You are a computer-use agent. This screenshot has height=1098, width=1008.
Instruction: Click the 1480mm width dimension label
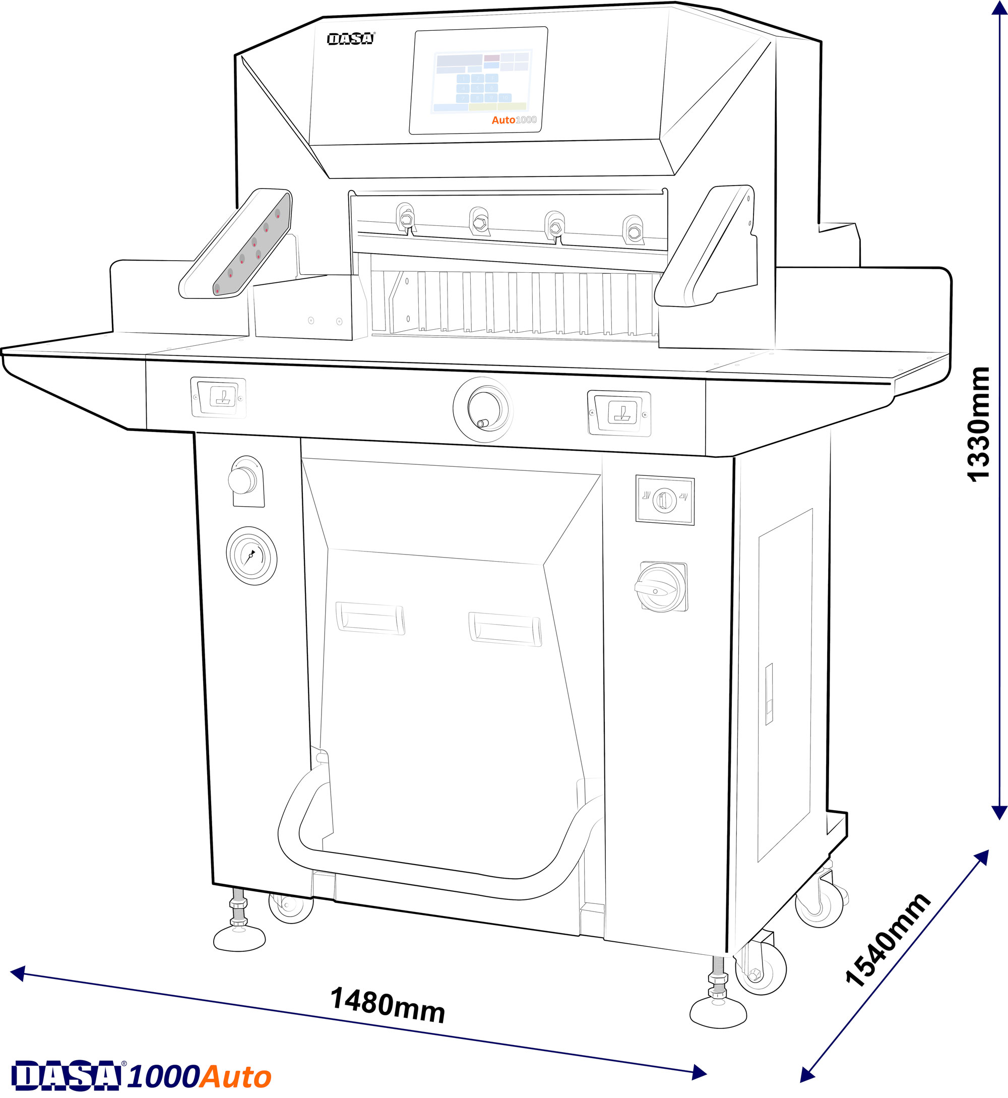click(x=388, y=1005)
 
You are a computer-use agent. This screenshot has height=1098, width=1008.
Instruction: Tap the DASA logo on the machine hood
click(x=351, y=39)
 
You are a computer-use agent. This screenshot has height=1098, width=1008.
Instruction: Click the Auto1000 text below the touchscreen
click(x=514, y=120)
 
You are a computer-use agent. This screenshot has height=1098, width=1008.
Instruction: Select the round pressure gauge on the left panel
click(x=251, y=556)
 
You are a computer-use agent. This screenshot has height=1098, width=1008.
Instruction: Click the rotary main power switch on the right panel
click(x=662, y=587)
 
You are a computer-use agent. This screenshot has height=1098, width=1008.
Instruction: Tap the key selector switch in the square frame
click(x=664, y=500)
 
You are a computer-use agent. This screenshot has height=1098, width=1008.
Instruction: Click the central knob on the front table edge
click(x=484, y=409)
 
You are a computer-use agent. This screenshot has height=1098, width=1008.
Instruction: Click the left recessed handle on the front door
click(x=370, y=619)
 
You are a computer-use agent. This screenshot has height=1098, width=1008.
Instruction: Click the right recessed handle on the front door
click(x=505, y=629)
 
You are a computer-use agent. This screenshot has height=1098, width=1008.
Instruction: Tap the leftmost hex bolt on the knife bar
click(x=406, y=219)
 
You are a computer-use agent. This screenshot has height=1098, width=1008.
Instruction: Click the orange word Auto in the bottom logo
click(x=236, y=1077)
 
